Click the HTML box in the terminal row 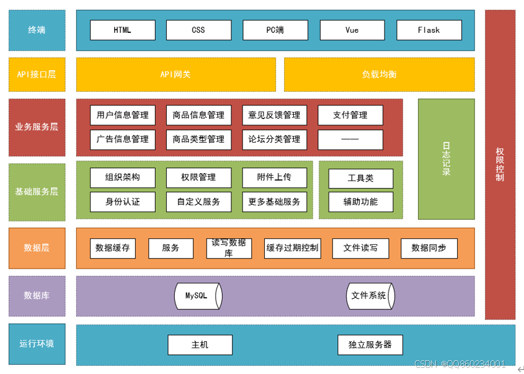pyautogui.click(x=122, y=30)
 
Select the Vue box pyautogui.click(x=352, y=30)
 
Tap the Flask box pyautogui.click(x=429, y=30)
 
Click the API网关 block pyautogui.click(x=175, y=74)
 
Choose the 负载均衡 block pyautogui.click(x=379, y=74)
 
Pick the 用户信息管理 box pyautogui.click(x=122, y=115)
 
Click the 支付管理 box pyautogui.click(x=350, y=115)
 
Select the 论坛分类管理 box pyautogui.click(x=274, y=139)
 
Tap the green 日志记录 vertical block pyautogui.click(x=446, y=159)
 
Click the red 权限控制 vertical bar pyautogui.click(x=500, y=164)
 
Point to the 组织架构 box pyautogui.click(x=122, y=177)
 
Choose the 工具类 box pyautogui.click(x=360, y=178)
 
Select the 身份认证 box pyautogui.click(x=122, y=202)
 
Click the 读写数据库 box pyautogui.click(x=229, y=248)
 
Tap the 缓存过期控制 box pyautogui.click(x=292, y=248)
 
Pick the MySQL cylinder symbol pyautogui.click(x=197, y=295)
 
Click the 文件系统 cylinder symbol pyautogui.click(x=370, y=295)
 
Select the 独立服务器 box pyautogui.click(x=370, y=344)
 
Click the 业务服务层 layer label pyautogui.click(x=37, y=127)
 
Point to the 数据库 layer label pyautogui.click(x=37, y=295)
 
